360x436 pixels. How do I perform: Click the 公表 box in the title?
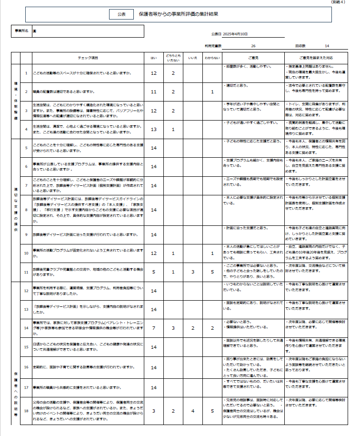coord(121,15)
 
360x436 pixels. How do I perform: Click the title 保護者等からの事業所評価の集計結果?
coord(179,15)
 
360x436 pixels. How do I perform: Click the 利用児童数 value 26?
coord(253,46)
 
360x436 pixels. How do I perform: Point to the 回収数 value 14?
coord(327,46)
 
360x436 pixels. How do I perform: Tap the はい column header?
coord(153,58)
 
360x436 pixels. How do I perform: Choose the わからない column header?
coord(212,58)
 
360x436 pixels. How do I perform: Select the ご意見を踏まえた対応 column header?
coord(315,58)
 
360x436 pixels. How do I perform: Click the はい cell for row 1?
coord(153,73)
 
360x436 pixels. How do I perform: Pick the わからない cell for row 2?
coord(212,91)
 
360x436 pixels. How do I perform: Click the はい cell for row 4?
coord(153,129)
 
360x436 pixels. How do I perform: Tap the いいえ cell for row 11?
coord(192,272)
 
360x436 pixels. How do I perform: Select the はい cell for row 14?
coord(153,328)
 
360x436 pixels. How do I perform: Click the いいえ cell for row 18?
coord(192,411)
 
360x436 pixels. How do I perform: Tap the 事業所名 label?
coord(22,30)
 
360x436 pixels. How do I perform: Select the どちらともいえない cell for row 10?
coord(173,253)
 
